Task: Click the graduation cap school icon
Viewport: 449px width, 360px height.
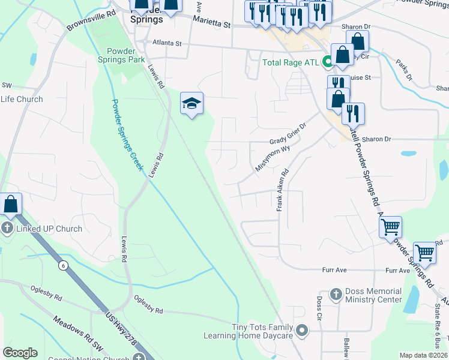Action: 192,104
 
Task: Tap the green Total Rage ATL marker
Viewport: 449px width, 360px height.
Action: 328,62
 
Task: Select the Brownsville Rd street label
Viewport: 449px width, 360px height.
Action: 91,21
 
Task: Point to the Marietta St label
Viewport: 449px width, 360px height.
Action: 211,23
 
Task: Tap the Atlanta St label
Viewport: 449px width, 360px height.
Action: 167,43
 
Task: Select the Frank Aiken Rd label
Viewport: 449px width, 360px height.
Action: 280,189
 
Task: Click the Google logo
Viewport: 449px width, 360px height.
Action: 20,353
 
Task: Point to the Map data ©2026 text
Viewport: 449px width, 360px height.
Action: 423,355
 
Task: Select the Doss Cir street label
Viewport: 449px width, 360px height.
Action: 319,306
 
